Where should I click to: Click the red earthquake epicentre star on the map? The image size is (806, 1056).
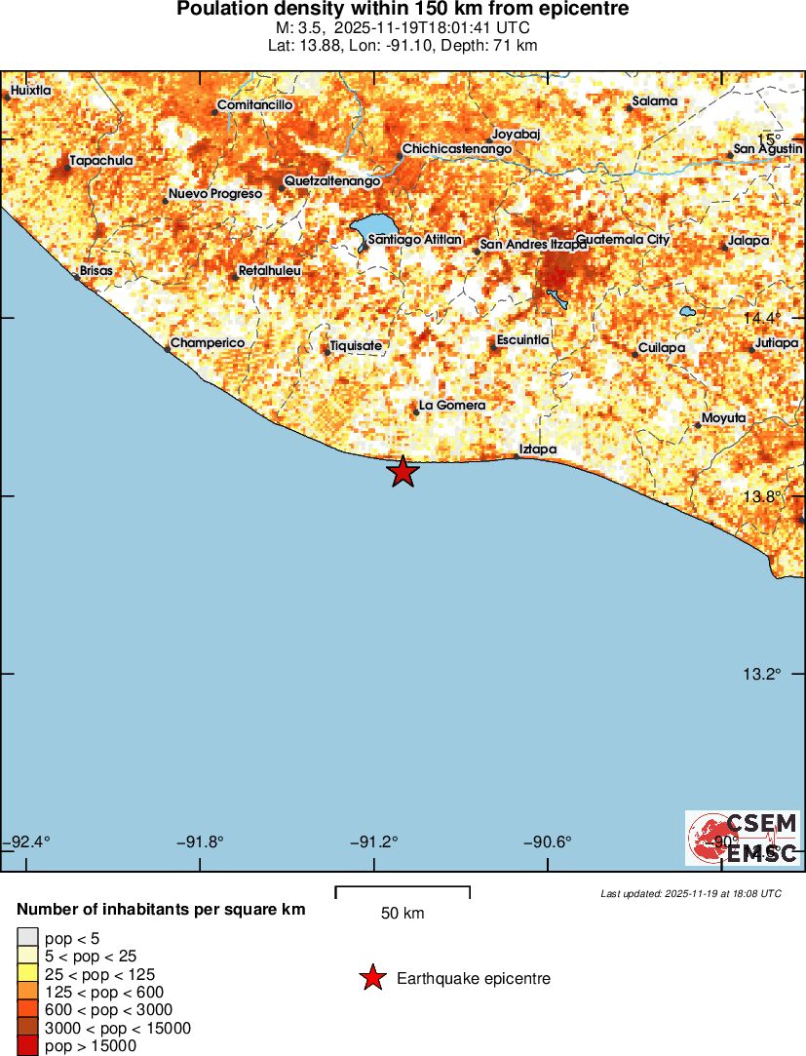coord(403,472)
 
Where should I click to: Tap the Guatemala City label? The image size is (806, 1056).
coord(623,239)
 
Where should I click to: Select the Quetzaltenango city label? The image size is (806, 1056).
coord(331,181)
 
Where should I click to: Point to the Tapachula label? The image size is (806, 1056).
coord(101,160)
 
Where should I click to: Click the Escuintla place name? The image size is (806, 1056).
coord(523,339)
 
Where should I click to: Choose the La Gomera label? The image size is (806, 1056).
coord(451,405)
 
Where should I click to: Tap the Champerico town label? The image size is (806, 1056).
coord(208,343)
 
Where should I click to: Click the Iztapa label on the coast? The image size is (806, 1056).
coord(537,449)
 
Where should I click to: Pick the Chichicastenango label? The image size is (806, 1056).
coord(457,149)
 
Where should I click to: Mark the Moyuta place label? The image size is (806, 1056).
coord(723,417)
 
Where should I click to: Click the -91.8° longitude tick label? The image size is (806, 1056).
coord(200,841)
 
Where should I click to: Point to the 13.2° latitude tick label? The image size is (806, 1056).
coord(762,674)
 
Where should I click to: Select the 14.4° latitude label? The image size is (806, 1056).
coord(762,318)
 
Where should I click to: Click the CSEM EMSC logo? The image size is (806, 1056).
coord(743,838)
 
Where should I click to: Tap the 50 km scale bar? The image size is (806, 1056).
coord(403,891)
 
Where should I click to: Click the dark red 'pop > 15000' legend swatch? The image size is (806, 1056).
coord(27,1046)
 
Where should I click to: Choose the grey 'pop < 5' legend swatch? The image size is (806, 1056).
coord(27,939)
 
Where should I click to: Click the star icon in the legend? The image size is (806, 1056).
coord(371,978)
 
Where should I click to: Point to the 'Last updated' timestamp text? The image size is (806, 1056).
coord(691,893)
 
